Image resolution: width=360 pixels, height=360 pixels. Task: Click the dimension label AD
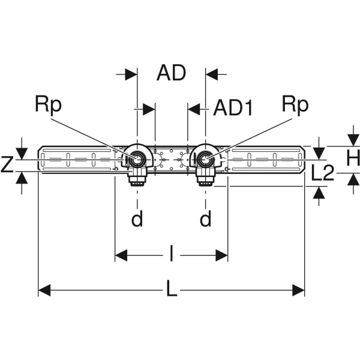[171, 74]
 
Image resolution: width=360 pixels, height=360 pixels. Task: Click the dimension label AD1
[234, 109]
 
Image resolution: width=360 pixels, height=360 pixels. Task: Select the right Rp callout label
[295, 105]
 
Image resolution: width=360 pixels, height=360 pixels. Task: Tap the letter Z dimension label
[7, 164]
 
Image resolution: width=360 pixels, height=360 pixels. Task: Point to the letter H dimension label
[353, 159]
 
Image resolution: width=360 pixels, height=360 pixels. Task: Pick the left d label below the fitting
[137, 220]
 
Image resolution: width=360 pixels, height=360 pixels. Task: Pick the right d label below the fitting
[206, 220]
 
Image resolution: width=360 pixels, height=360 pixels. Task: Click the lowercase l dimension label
[172, 256]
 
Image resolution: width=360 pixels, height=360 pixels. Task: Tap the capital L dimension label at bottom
[172, 291]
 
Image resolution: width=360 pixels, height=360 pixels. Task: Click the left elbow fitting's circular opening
[137, 160]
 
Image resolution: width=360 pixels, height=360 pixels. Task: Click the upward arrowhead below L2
[318, 192]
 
